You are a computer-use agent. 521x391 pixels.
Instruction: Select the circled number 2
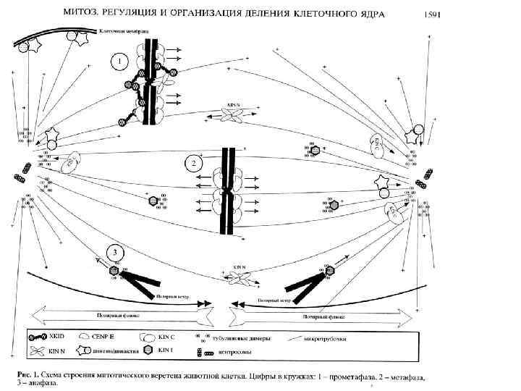coord(194,163)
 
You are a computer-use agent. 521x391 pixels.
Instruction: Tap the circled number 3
coord(114,253)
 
